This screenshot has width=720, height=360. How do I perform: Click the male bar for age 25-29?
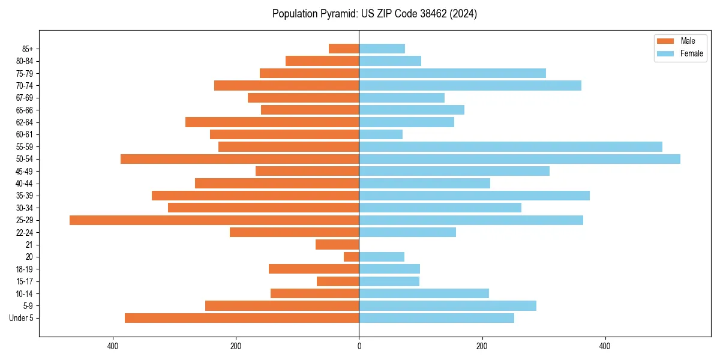[x=214, y=220]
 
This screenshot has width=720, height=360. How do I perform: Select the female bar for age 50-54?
[x=520, y=159]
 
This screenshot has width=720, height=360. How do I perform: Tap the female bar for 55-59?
[x=511, y=146]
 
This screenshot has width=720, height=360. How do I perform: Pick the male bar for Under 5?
[x=242, y=318]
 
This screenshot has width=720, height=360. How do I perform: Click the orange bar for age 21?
[x=337, y=245]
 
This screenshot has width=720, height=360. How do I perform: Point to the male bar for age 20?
[x=352, y=257]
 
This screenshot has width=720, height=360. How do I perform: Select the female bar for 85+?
[x=382, y=49]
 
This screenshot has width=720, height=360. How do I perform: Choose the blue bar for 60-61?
[x=380, y=134]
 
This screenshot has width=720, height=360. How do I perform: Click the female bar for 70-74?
[x=470, y=85]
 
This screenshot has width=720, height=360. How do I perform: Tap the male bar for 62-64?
[x=272, y=122]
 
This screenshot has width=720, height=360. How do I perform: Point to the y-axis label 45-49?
[x=25, y=171]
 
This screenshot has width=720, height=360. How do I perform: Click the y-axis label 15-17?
[x=25, y=281]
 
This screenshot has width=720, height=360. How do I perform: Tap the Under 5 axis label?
[x=22, y=318]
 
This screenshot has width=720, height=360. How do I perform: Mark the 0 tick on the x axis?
[x=359, y=347]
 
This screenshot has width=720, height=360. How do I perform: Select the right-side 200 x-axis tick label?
[x=482, y=347]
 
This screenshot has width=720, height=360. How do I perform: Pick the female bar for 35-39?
[x=474, y=196]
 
